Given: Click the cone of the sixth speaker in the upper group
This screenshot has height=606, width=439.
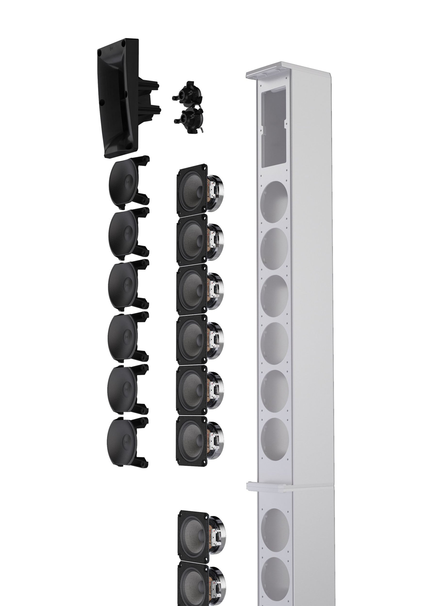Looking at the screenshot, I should pos(191,442).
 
